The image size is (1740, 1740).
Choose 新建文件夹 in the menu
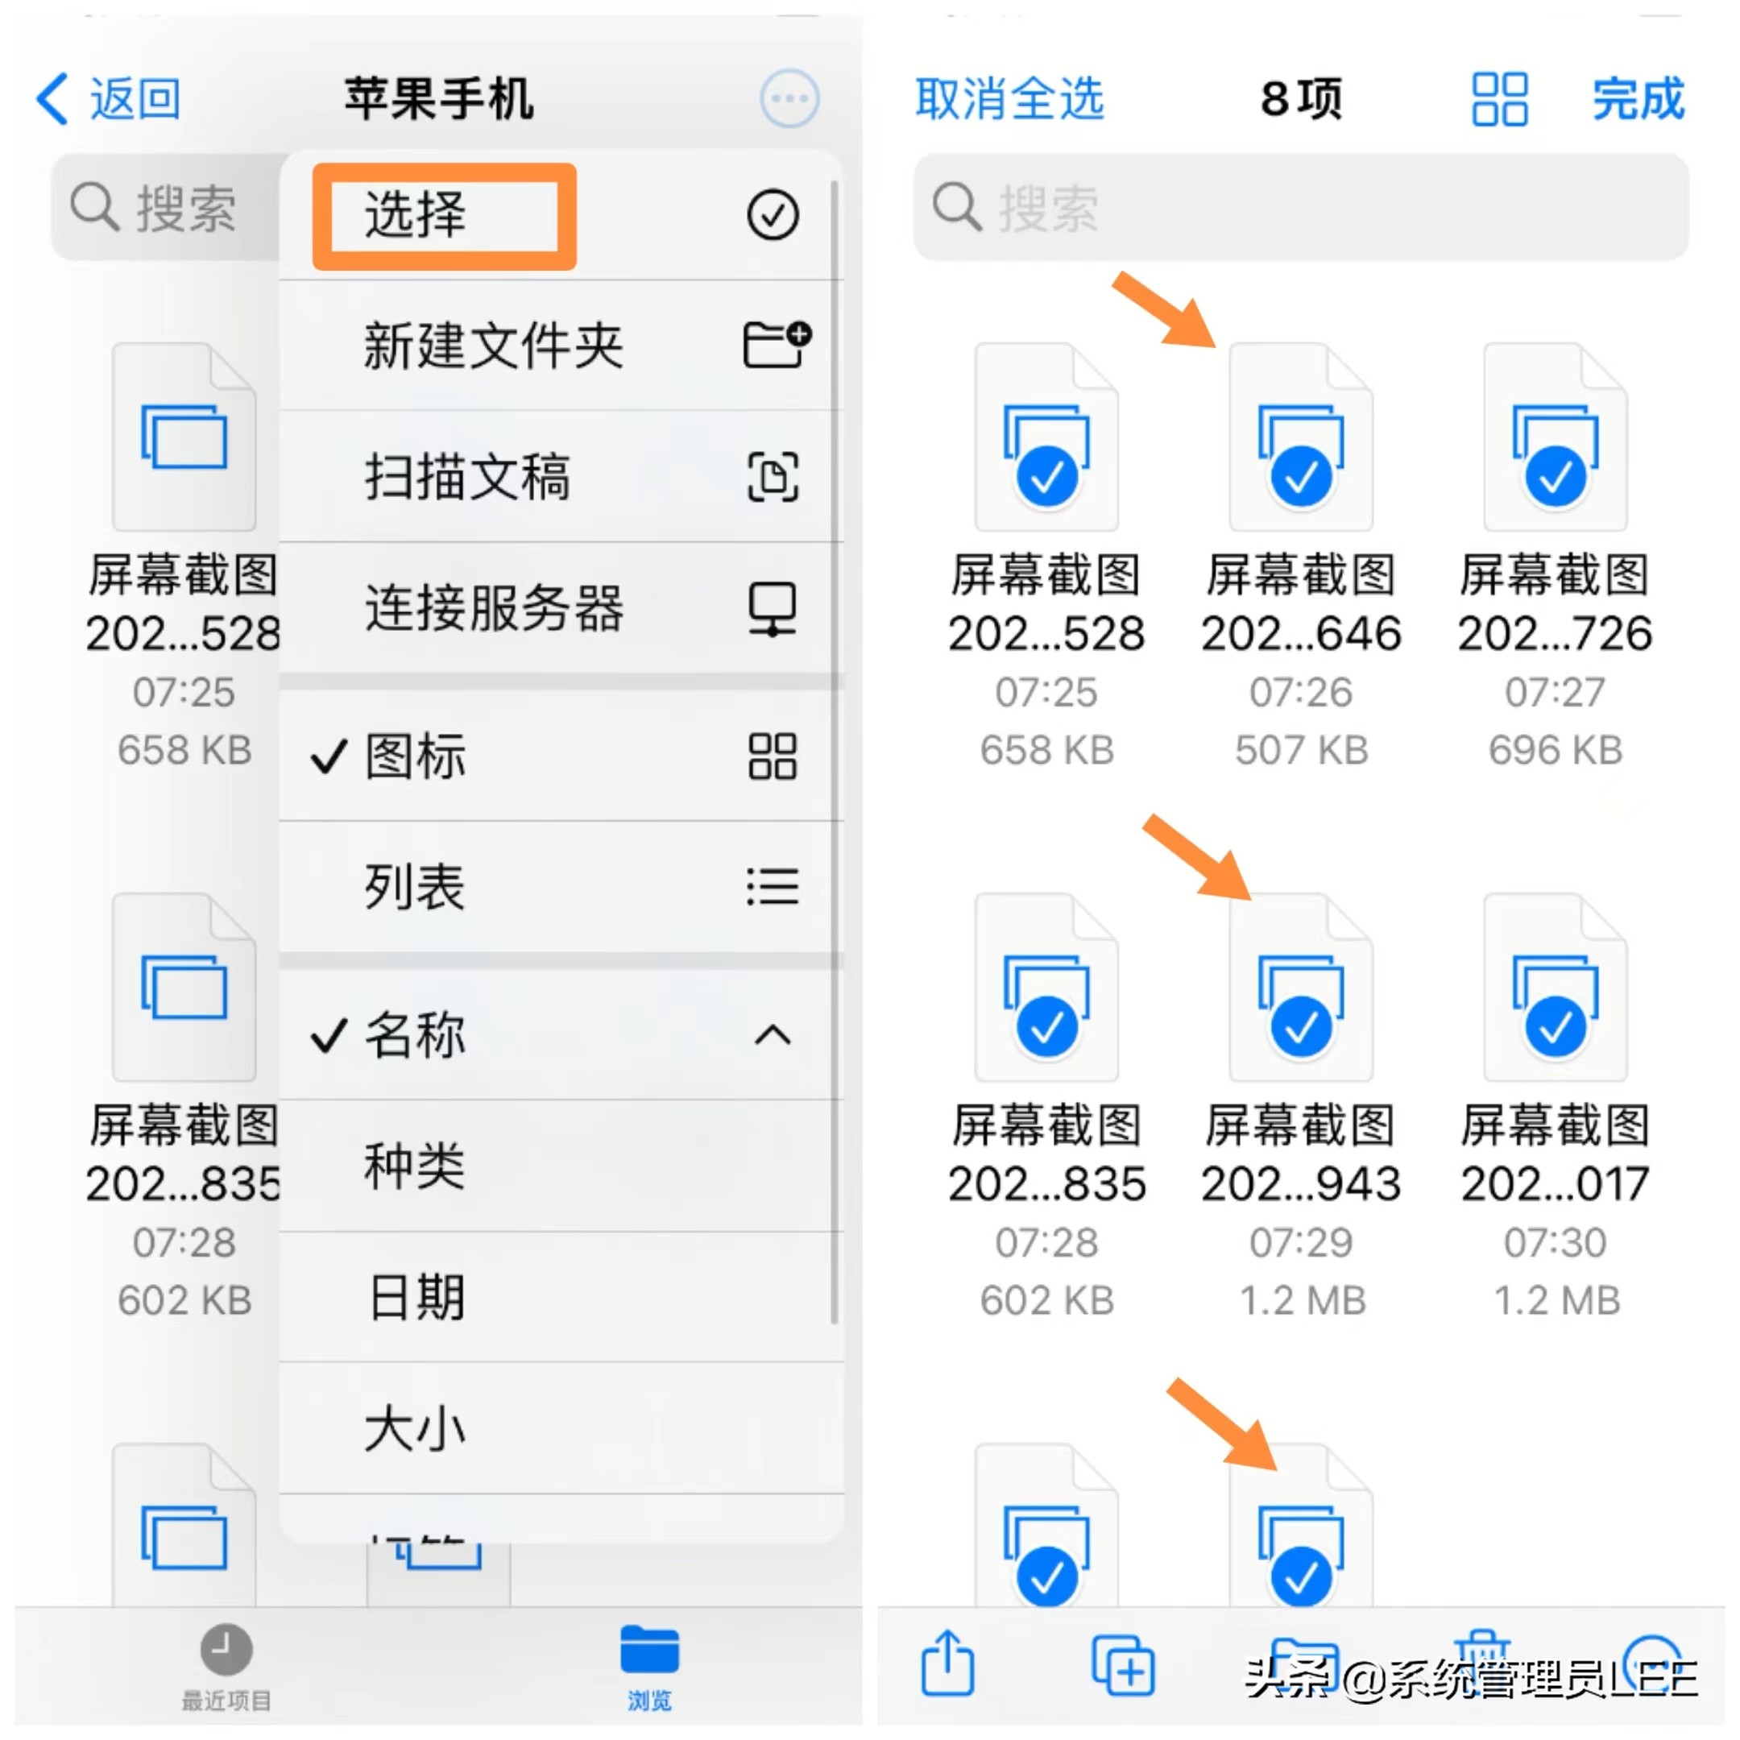point(493,346)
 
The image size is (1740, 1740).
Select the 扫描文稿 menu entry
point(466,476)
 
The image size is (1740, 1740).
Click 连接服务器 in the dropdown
point(493,608)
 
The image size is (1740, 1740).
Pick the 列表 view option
point(414,886)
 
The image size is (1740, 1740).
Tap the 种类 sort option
point(414,1166)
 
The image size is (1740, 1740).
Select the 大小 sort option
point(414,1428)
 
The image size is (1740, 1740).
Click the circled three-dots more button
point(789,98)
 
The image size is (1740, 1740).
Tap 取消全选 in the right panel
point(1009,98)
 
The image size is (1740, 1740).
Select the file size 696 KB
point(1555,750)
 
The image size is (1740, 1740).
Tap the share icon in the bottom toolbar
point(947,1663)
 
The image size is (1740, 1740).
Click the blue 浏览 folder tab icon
point(648,1650)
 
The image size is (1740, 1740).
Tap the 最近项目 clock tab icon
point(226,1650)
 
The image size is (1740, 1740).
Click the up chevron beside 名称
point(772,1035)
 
